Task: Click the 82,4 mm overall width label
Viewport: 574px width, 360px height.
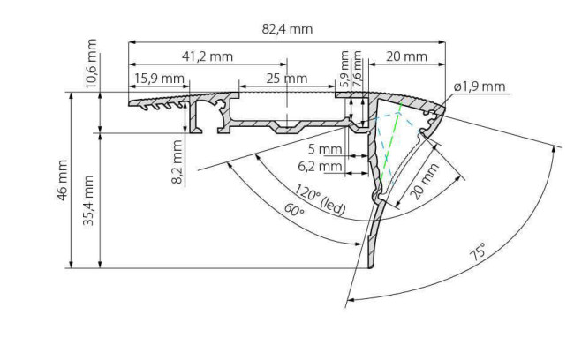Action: pos(287,29)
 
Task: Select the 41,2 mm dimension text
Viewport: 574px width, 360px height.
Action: pos(208,56)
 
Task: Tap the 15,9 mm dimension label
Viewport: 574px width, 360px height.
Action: pos(159,79)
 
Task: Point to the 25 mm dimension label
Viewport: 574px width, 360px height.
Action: pos(287,79)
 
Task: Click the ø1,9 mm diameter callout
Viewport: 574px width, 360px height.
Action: pos(480,86)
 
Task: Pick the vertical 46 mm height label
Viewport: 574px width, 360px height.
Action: pos(62,180)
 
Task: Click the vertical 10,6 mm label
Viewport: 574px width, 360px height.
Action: pos(91,64)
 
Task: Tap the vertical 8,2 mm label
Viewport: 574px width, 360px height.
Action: pos(177,161)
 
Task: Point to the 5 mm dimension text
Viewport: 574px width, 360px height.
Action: pos(325,149)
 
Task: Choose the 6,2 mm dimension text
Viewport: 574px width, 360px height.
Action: pos(320,167)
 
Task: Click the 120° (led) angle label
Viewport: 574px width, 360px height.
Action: pos(320,200)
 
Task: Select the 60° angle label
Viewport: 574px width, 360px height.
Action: pos(294,211)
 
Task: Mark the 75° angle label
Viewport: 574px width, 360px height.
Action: pos(478,251)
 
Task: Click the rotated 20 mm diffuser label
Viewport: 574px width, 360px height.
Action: pos(424,182)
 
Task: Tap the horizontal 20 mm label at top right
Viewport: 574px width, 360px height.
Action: pos(407,56)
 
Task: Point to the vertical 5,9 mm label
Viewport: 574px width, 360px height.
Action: pos(344,69)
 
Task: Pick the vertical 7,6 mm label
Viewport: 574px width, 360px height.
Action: pos(357,70)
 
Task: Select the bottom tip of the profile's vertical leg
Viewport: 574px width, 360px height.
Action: pos(371,267)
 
